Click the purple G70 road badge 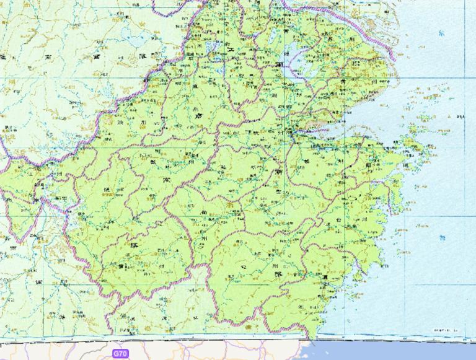coord(120,353)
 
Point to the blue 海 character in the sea coord(441,237)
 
